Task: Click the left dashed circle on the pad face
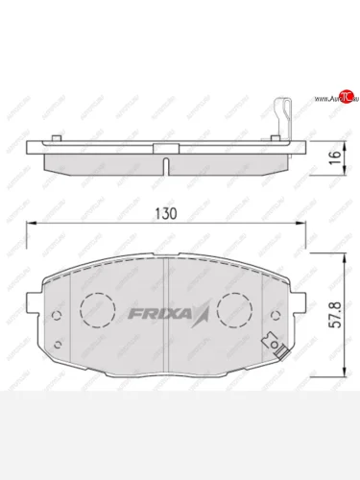96,308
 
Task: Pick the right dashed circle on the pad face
236,308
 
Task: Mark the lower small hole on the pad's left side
59,345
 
